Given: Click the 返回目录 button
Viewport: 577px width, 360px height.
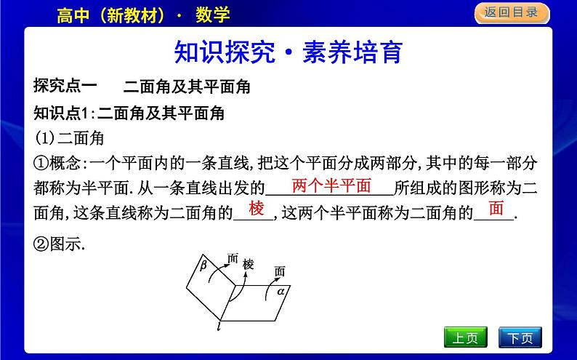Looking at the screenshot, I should click(512, 12).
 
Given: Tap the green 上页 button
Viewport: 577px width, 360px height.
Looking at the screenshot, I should click(464, 338).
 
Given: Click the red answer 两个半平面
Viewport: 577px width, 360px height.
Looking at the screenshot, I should click(331, 185).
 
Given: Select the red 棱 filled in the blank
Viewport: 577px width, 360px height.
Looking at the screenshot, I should click(257, 209).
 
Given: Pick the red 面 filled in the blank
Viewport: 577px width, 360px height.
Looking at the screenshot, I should click(496, 209).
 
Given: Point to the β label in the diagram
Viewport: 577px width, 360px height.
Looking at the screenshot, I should click(203, 266).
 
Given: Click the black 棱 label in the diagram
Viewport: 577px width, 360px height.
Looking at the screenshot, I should click(249, 264).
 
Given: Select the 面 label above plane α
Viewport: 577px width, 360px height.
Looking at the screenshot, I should click(281, 271).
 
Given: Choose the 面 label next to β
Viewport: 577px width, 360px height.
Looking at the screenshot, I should click(233, 257).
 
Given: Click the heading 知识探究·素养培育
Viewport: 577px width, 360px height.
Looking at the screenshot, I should click(288, 53).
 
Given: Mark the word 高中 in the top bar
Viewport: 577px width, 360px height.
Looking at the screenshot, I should click(72, 14).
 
